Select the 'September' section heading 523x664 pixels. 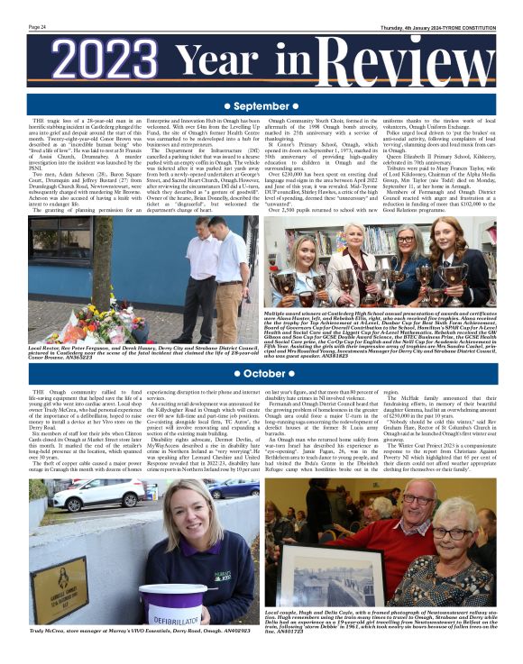click(x=261, y=106)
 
